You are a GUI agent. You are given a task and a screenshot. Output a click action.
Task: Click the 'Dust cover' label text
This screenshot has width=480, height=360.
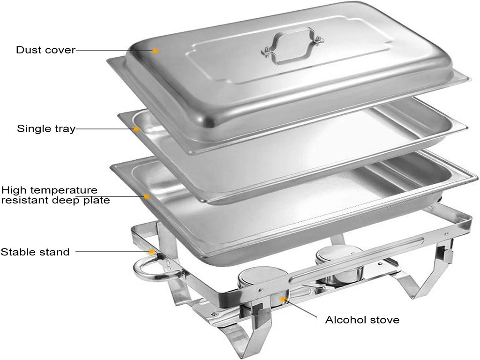tap(45, 50)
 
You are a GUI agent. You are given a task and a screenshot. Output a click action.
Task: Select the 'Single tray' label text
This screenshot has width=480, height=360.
tap(46, 128)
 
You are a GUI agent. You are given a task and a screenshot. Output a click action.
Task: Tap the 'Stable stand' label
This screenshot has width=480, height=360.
tap(35, 252)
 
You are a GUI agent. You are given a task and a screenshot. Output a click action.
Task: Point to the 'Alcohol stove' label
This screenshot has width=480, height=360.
tap(362, 320)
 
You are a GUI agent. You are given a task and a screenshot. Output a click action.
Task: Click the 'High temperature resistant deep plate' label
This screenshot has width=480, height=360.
tap(55, 195)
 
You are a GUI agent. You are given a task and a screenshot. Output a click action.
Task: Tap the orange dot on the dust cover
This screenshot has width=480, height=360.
tap(155, 50)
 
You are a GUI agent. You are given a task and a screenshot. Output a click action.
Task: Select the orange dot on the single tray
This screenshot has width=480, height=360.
tap(136, 128)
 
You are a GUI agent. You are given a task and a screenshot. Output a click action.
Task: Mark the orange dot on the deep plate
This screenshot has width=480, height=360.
tap(147, 196)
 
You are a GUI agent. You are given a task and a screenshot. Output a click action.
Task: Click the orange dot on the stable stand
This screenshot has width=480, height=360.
tap(152, 252)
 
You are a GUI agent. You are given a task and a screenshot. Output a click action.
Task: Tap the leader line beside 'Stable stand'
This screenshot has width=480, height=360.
tap(112, 252)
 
